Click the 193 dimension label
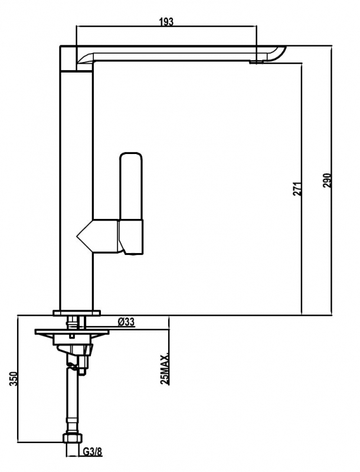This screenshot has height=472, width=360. click(166, 22)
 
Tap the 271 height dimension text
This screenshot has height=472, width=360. click(297, 189)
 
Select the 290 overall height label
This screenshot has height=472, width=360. click(327, 181)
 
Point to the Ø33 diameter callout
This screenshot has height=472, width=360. click(126, 322)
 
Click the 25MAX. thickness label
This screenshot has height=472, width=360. click(165, 368)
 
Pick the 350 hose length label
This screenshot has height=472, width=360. click(14, 379)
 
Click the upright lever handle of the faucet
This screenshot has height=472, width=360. click(131, 186)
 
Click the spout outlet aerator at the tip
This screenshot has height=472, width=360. click(256, 62)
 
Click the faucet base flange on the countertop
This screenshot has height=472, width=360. click(77, 313)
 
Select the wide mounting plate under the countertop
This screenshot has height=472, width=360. click(71, 332)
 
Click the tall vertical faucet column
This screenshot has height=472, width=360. click(76, 190)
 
